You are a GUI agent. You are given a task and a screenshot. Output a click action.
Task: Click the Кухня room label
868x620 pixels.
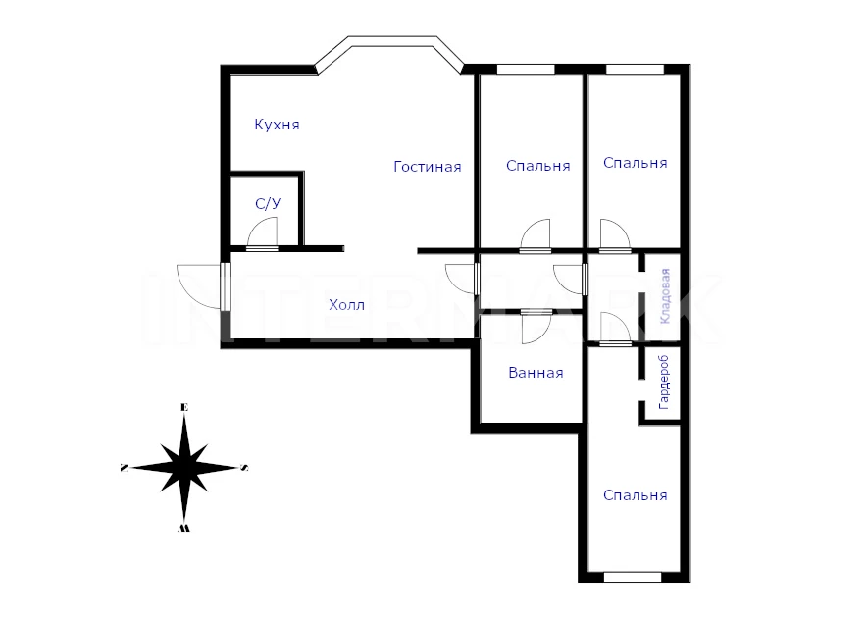[277, 125]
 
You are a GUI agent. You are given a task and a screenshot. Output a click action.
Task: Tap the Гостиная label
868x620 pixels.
[428, 167]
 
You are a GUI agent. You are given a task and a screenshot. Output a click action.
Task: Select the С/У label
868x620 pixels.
[268, 204]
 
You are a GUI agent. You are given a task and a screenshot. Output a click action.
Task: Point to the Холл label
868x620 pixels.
[346, 305]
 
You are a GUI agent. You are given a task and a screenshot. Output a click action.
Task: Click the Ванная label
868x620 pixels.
[536, 373]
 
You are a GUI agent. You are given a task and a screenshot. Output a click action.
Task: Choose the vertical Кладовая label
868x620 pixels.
[665, 295]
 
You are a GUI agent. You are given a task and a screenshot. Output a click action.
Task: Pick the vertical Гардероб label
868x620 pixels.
[664, 383]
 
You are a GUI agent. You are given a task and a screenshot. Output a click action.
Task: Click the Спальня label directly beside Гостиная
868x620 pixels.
[538, 166]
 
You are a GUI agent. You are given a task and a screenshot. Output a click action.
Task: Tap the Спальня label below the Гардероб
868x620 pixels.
[635, 494]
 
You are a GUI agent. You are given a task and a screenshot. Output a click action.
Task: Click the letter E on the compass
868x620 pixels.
[185, 408]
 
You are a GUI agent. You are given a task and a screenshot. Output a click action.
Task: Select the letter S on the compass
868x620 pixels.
[244, 468]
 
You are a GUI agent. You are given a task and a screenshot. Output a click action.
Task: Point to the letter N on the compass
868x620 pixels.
[124, 468]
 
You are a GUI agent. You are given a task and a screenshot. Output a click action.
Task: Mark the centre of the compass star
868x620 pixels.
[184, 468]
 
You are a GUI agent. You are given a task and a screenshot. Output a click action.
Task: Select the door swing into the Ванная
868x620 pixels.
[536, 328]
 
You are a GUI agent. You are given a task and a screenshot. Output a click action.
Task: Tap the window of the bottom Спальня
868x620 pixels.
[633, 578]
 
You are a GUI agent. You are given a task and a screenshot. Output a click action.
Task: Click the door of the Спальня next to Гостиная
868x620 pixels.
[536, 235]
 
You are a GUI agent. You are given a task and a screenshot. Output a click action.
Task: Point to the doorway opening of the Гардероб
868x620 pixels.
[642, 390]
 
